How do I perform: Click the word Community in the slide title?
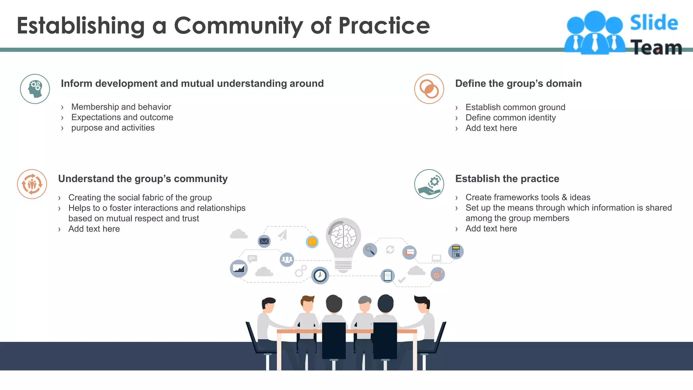(x=238, y=26)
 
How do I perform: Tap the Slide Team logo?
(x=623, y=33)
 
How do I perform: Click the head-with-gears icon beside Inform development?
(x=35, y=89)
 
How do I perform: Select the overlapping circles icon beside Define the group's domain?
(x=429, y=89)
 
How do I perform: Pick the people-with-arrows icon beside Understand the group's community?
(x=32, y=184)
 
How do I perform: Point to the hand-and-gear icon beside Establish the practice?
(x=429, y=184)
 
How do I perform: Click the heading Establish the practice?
(x=507, y=179)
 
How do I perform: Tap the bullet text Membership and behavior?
(x=121, y=107)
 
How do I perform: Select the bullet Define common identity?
(x=510, y=118)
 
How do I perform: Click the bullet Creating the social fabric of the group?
(x=140, y=198)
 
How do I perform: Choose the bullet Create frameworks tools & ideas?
(x=528, y=197)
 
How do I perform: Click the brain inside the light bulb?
(x=343, y=236)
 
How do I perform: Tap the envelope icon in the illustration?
(x=264, y=241)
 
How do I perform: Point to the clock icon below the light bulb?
(x=320, y=276)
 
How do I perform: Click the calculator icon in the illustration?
(x=456, y=252)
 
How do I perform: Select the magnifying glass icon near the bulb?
(x=370, y=250)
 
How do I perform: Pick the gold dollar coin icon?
(x=312, y=242)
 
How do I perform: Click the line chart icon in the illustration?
(x=239, y=269)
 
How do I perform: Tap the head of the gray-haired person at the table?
(x=364, y=304)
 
